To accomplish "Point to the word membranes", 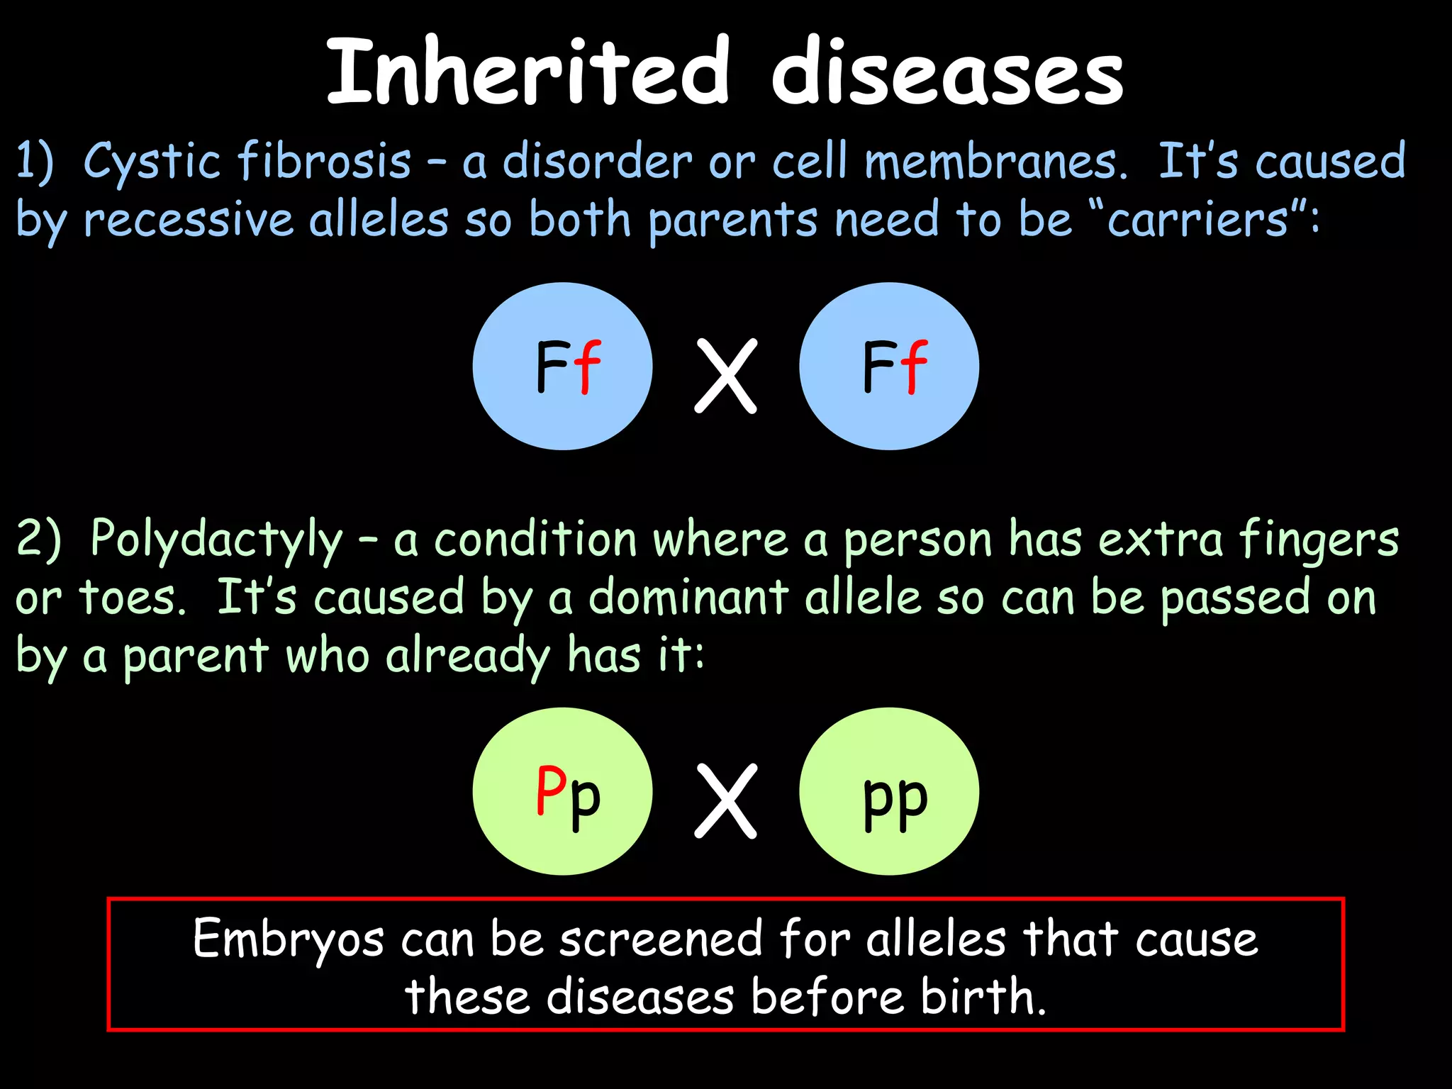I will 995,162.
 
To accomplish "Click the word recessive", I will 188,220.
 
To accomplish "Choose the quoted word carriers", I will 1197,220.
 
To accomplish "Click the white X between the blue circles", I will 725,376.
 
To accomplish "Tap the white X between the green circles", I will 725,801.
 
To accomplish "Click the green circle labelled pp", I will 889,791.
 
